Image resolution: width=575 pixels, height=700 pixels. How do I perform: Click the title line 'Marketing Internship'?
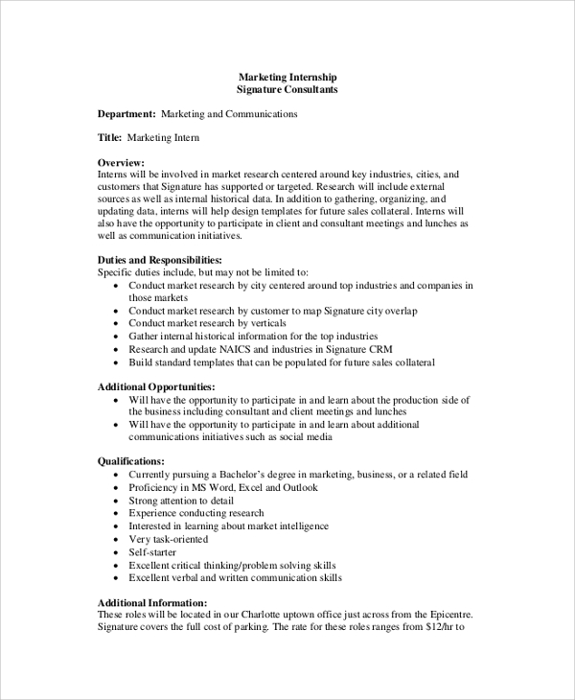pyautogui.click(x=287, y=77)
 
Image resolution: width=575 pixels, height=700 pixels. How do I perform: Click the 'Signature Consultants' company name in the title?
pyautogui.click(x=287, y=89)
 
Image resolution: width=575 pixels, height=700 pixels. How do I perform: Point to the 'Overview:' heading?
pyautogui.click(x=122, y=163)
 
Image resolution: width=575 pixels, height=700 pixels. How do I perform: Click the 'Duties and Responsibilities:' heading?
pyautogui.click(x=160, y=260)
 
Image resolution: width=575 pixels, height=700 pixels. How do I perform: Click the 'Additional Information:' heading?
pyautogui.click(x=152, y=602)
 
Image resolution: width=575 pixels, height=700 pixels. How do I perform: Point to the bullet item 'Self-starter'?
pyautogui.click(x=154, y=552)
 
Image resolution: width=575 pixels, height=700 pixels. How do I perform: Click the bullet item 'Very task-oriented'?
pyautogui.click(x=170, y=540)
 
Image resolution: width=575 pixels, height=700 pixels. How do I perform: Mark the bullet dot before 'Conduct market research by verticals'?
pyautogui.click(x=117, y=324)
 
